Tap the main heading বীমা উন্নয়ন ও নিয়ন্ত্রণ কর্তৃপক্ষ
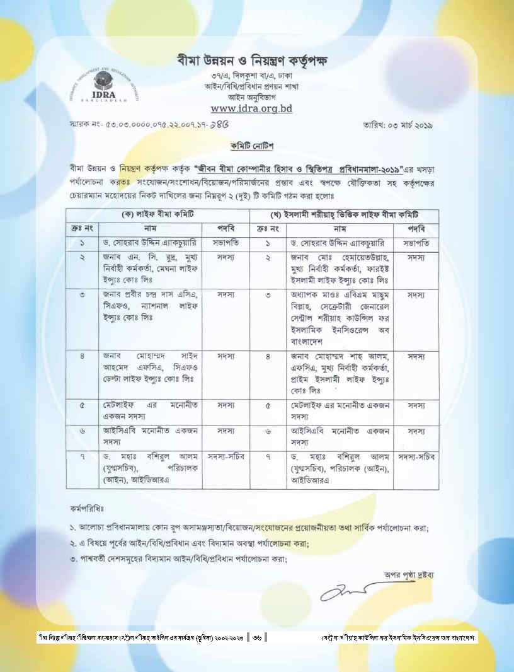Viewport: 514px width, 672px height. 253,61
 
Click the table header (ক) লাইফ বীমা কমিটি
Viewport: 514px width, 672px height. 158,216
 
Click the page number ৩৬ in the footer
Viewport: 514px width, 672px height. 257,638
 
